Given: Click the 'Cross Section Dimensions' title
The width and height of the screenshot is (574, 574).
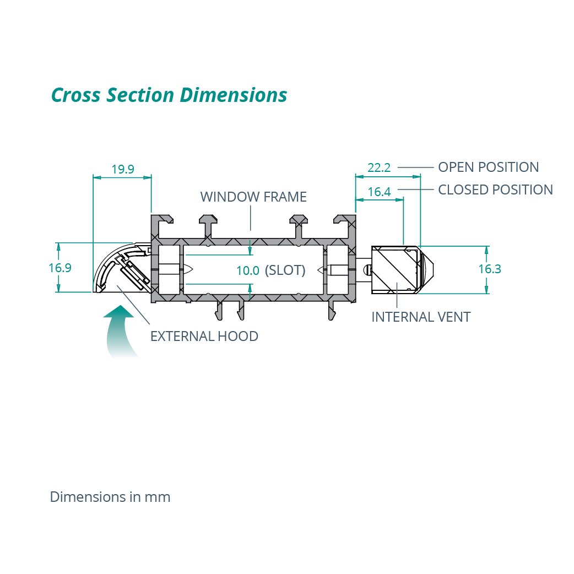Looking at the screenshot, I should coord(169,95).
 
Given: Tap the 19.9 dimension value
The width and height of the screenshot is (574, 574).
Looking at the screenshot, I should coord(123,169).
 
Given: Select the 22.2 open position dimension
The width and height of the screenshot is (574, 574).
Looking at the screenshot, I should coord(379,167).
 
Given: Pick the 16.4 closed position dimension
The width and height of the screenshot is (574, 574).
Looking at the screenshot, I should coord(379,192).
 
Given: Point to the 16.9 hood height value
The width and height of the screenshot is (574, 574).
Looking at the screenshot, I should coord(60,268).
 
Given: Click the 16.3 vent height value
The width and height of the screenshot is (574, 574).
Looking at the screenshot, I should coord(490,269).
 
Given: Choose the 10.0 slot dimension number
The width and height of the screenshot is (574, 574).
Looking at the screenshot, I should coord(247,270).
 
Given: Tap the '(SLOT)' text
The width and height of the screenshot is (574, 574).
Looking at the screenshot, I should coord(285,270).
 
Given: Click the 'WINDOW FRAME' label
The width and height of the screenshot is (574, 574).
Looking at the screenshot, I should coord(253,197).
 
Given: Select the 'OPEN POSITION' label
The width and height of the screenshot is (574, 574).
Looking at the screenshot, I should coord(488,167).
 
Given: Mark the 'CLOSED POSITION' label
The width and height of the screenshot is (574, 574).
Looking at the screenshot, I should coord(495,189).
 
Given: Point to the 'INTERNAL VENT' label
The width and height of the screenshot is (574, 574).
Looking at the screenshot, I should coord(421,317).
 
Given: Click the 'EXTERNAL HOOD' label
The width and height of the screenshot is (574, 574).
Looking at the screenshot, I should coord(204,336).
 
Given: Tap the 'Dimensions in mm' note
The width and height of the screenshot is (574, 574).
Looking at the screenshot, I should coord(110,497).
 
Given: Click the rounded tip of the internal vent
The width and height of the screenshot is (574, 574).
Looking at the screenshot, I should coord(429,269).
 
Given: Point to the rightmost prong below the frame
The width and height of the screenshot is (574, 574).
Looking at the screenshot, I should coord(332,311).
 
